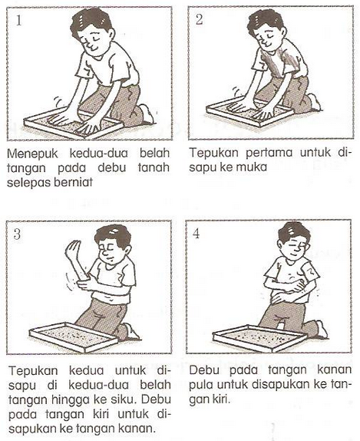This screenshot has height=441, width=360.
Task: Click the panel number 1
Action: tap(19, 20)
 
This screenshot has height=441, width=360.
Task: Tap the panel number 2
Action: tap(199, 20)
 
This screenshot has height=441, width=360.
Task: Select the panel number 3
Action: tap(18, 234)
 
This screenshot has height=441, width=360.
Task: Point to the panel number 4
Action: tap(197, 233)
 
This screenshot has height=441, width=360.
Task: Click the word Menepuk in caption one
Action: tap(32, 154)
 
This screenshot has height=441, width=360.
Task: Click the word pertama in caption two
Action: tap(269, 154)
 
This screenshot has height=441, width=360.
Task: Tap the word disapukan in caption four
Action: tap(281, 384)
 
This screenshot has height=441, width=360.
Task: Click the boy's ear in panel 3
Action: tap(127, 250)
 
